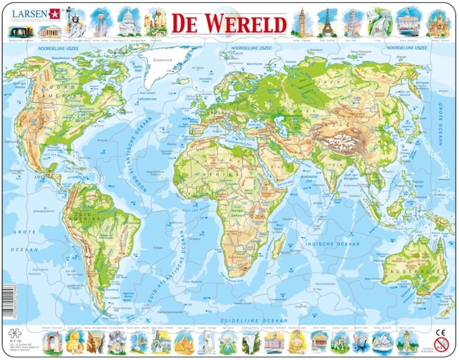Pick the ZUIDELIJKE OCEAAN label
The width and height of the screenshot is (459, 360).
[253, 321]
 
